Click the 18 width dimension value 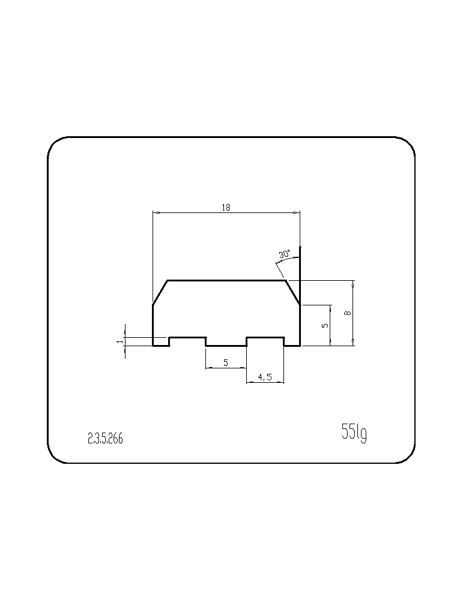point(226,208)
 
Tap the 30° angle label point(285,254)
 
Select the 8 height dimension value point(348,313)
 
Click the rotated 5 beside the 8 point(325,326)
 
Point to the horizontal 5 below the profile point(226,362)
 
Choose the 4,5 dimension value point(265,377)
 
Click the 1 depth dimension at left point(120,341)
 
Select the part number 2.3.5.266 point(105,439)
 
